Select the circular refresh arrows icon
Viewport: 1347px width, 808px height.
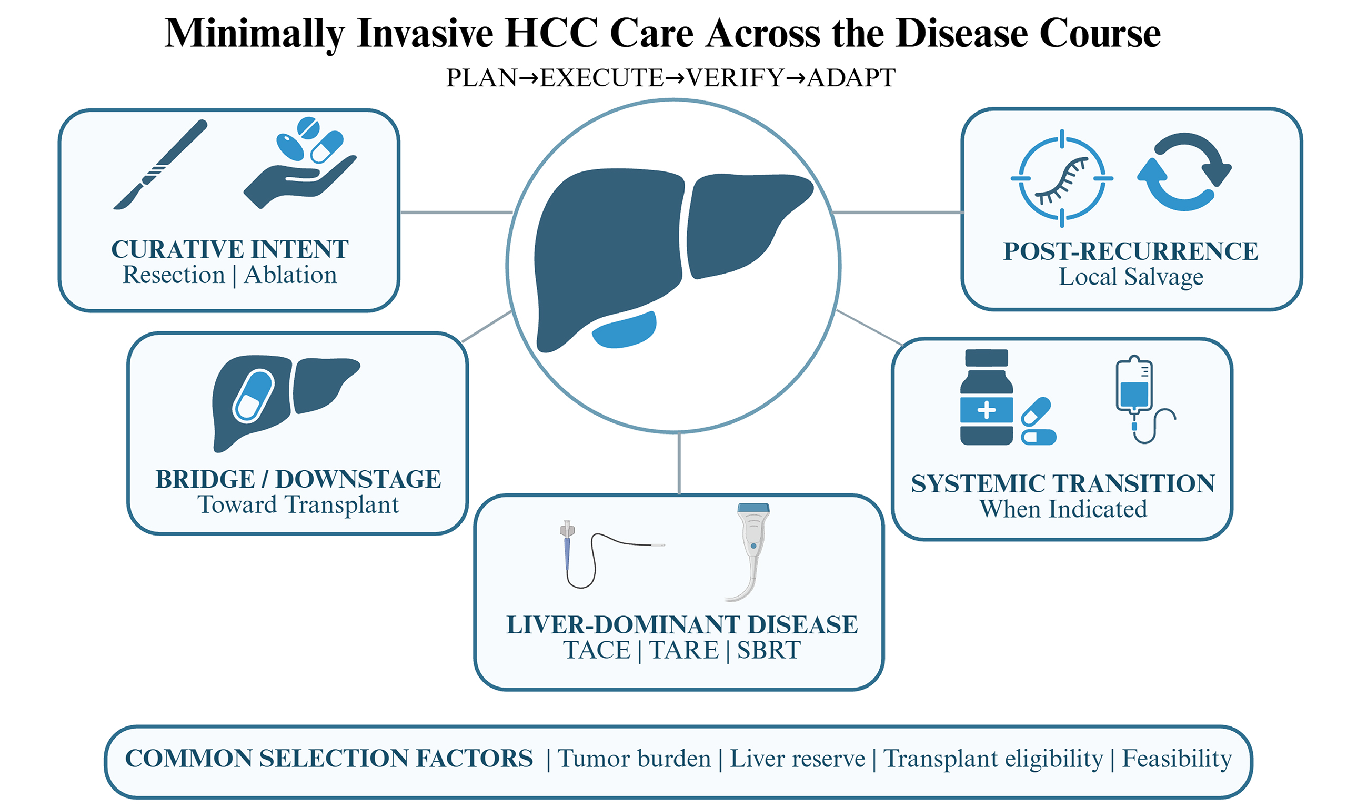1184,172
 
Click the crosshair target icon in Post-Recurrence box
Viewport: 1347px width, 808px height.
1062,178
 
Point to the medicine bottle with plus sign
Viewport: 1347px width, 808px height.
986,397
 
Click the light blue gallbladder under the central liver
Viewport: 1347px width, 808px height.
624,330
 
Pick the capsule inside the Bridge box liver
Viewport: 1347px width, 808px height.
253,396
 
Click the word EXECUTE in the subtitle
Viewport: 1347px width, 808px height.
601,78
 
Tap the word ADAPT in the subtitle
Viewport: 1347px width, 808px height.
851,78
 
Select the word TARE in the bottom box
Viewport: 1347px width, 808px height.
684,650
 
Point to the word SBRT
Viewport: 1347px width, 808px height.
769,650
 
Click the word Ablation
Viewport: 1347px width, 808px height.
290,275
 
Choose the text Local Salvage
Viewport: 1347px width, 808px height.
1131,277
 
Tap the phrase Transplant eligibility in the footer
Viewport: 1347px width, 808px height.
993,759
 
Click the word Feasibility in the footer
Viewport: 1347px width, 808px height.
1177,759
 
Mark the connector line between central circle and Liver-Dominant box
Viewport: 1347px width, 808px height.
679,463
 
